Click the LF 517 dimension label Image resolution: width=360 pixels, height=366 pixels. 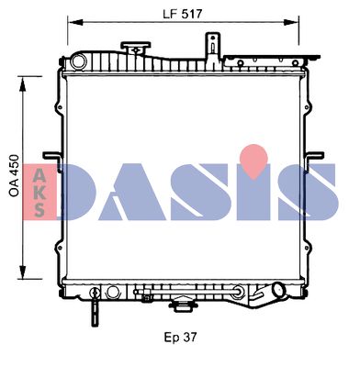click(x=183, y=14)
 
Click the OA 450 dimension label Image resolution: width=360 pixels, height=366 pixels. click(x=14, y=175)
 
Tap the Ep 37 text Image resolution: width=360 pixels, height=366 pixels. click(x=180, y=338)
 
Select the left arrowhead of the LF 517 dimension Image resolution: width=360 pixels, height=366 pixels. click(x=75, y=22)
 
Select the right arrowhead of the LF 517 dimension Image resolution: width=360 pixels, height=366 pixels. click(x=291, y=22)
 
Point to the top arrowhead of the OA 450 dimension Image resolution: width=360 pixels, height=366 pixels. click(x=22, y=84)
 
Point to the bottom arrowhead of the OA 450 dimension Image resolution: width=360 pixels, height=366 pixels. click(x=22, y=271)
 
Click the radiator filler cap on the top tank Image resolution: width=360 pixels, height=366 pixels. click(x=136, y=48)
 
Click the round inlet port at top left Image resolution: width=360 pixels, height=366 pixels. click(x=79, y=61)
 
